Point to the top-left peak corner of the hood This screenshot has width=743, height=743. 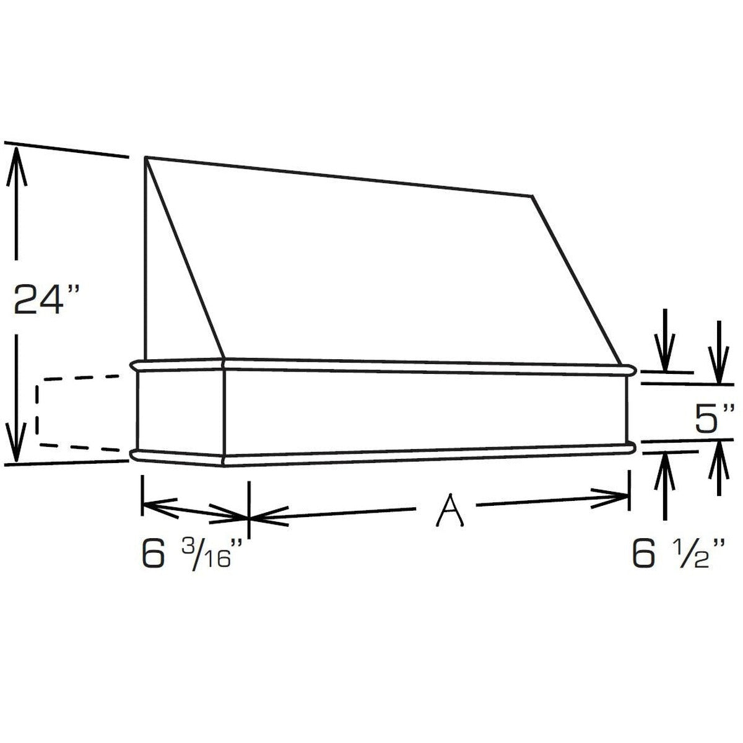(x=146, y=157)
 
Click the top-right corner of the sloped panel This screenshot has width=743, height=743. (x=532, y=196)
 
